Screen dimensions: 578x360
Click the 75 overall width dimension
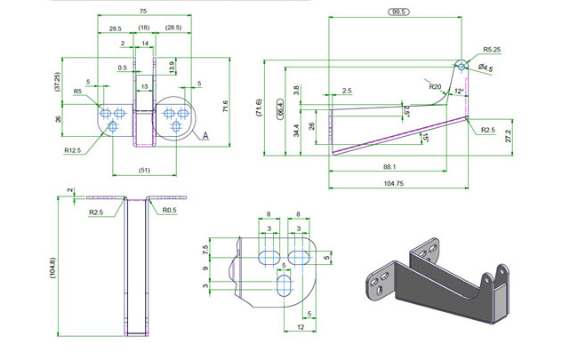pos(143,11)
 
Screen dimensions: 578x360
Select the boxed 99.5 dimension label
pos(399,12)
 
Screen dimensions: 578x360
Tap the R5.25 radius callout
pos(492,50)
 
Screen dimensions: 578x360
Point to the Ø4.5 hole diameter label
pos(486,68)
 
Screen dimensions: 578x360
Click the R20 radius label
pos(435,86)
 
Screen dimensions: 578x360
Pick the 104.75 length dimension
pos(394,183)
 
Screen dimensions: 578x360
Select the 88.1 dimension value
pos(389,166)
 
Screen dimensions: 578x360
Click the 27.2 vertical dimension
pos(509,136)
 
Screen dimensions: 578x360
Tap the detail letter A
pos(205,136)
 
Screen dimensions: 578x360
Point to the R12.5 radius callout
pos(72,150)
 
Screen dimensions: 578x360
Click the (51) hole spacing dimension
pos(144,170)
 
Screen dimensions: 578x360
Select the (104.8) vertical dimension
pos(52,268)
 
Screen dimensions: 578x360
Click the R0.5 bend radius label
pos(170,210)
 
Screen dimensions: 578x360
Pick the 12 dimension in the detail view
pos(301,326)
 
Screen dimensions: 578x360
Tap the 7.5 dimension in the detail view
pos(205,249)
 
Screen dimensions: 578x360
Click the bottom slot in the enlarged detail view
pos(285,285)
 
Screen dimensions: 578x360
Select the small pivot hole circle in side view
pos(462,67)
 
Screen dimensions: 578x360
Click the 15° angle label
pos(426,138)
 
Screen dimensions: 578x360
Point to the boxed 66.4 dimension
pos(280,108)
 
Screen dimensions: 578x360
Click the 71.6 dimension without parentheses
pos(226,106)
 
